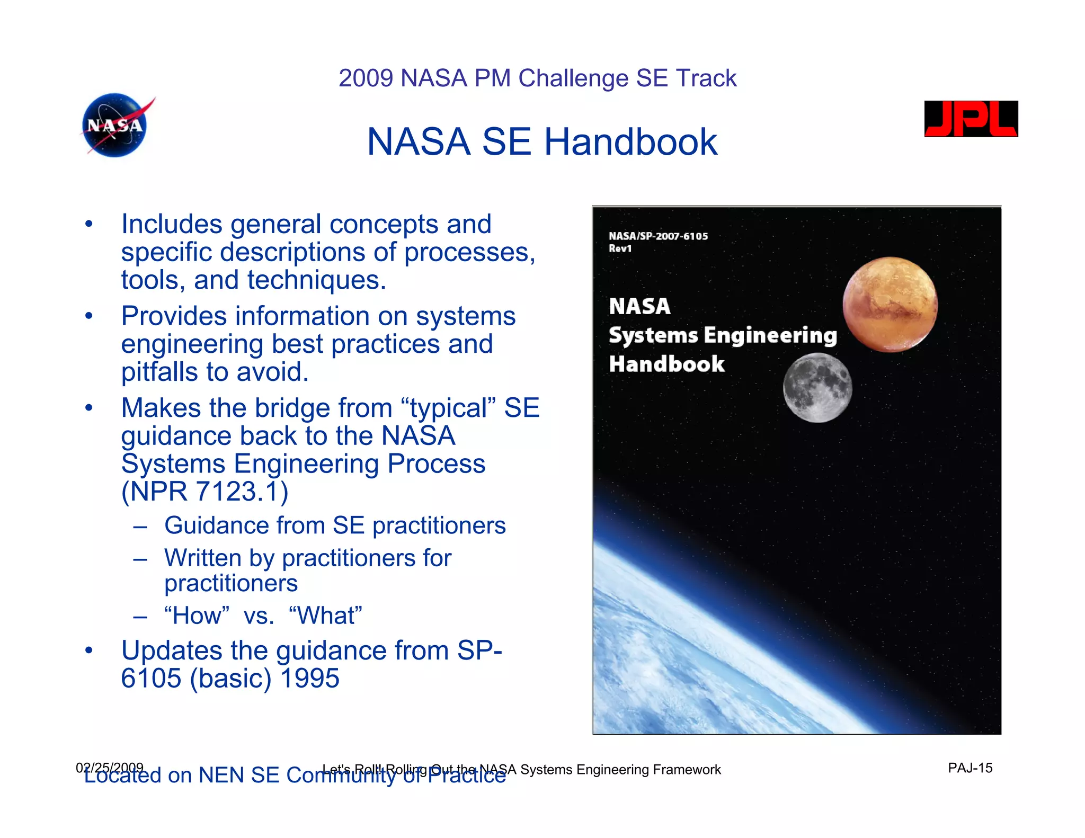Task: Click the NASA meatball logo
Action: click(x=115, y=126)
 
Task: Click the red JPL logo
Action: click(x=971, y=119)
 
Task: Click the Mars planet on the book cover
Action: click(x=890, y=305)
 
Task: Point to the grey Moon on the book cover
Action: click(x=817, y=388)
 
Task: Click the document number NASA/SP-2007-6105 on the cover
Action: click(x=658, y=236)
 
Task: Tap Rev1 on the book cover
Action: click(x=620, y=248)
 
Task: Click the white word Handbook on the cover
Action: click(x=666, y=364)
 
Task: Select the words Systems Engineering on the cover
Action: click(x=723, y=335)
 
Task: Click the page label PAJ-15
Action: click(x=970, y=768)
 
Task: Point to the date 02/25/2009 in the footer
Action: click(x=110, y=767)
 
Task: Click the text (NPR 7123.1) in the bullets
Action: click(x=204, y=492)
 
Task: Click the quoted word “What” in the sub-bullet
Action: click(x=325, y=616)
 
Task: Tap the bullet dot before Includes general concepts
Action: click(x=88, y=224)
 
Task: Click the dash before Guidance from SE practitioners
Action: click(x=140, y=527)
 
